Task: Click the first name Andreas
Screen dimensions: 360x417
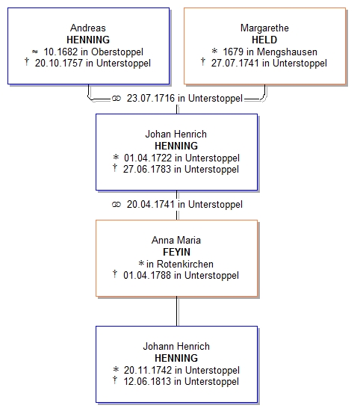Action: (88, 28)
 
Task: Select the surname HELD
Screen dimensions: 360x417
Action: (264, 40)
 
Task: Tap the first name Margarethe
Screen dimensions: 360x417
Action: (264, 28)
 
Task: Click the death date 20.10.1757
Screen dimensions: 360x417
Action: (59, 64)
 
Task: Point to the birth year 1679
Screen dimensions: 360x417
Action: (233, 52)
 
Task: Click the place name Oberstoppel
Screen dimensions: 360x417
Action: (117, 52)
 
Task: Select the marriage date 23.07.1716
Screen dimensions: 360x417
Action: (151, 98)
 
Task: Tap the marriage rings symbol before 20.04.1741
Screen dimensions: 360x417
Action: (117, 205)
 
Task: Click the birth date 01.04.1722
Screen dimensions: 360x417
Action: (148, 158)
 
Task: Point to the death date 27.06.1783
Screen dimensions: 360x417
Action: (147, 170)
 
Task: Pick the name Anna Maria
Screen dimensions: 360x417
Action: (176, 240)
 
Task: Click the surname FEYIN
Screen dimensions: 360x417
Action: (176, 252)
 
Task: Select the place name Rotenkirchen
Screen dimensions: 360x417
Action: (185, 264)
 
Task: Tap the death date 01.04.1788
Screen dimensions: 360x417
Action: (147, 276)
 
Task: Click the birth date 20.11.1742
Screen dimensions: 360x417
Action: (148, 370)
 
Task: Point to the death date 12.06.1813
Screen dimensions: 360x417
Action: (147, 382)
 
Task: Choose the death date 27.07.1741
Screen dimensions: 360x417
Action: (235, 64)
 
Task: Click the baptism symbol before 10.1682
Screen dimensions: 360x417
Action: (35, 52)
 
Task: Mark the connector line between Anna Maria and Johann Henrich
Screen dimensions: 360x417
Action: (177, 311)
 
